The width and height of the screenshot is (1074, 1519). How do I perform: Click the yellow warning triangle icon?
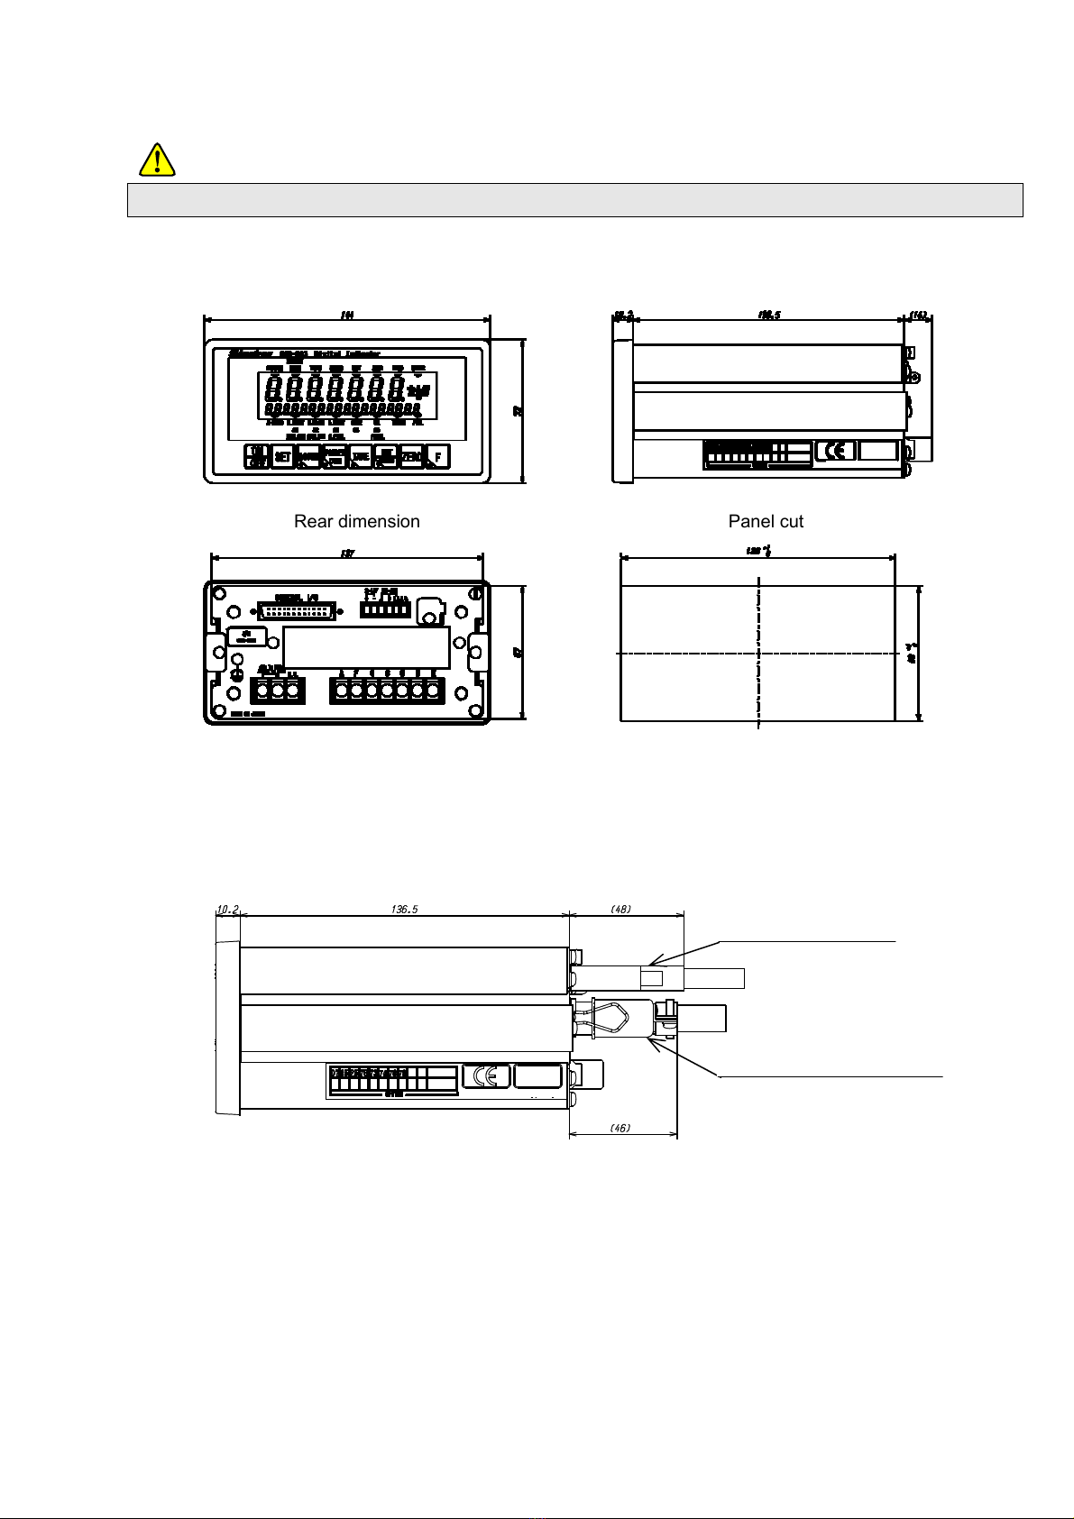click(x=158, y=160)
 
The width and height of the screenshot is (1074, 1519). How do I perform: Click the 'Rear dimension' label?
click(x=356, y=521)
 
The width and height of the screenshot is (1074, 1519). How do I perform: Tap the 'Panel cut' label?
click(x=766, y=521)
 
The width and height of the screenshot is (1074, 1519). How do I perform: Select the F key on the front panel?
click(x=437, y=457)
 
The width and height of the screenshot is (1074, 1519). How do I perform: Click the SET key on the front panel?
click(x=282, y=457)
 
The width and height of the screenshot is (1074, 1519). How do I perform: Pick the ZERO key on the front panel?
click(x=411, y=457)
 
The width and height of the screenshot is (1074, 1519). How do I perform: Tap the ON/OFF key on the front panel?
click(x=257, y=457)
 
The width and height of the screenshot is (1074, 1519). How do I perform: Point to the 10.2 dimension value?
click(x=226, y=909)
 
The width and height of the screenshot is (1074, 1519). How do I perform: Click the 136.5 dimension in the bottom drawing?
click(x=404, y=909)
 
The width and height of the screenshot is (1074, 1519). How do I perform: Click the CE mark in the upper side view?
click(x=835, y=451)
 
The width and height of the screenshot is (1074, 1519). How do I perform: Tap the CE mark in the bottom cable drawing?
click(x=486, y=1076)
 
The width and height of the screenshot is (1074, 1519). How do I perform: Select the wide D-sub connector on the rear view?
click(x=297, y=610)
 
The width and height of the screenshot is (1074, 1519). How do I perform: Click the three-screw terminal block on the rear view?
click(x=278, y=691)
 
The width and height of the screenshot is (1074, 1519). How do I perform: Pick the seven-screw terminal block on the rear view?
click(x=387, y=691)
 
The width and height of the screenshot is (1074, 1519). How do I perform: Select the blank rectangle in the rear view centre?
click(x=366, y=646)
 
